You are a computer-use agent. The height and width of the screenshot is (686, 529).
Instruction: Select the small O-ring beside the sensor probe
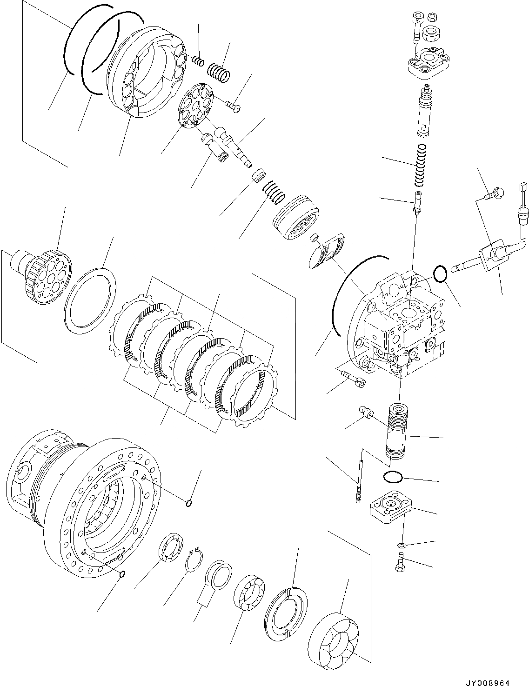tap(440, 274)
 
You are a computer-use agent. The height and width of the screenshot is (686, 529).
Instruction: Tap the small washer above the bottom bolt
tap(401, 545)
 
